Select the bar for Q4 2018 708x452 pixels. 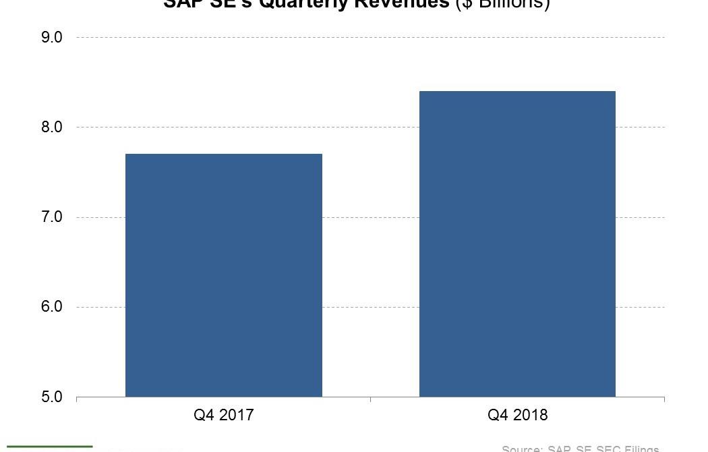[x=517, y=244]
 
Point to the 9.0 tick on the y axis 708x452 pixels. [x=52, y=38]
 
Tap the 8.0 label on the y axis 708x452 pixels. [x=52, y=128]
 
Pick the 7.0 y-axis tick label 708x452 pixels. [x=52, y=217]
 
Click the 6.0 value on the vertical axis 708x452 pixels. [x=52, y=307]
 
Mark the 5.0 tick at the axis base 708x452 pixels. [x=52, y=397]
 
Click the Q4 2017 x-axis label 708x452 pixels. [x=224, y=415]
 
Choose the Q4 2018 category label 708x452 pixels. [x=517, y=415]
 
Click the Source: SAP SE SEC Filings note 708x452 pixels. [x=580, y=449]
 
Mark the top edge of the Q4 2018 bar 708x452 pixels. [x=517, y=92]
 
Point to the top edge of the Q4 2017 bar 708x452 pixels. [x=224, y=154]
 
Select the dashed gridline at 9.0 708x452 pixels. [x=370, y=37]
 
